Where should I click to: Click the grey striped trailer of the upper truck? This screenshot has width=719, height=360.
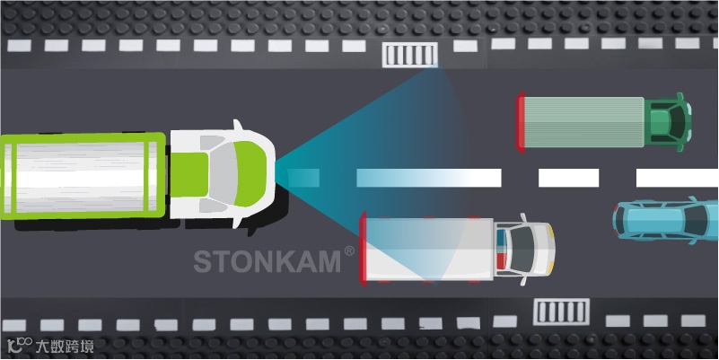pos(583,120)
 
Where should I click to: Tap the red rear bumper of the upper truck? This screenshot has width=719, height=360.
pos(520,120)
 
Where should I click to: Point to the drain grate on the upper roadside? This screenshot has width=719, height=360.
pos(411,55)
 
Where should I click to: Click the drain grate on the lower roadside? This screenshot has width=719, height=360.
pos(561,312)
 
